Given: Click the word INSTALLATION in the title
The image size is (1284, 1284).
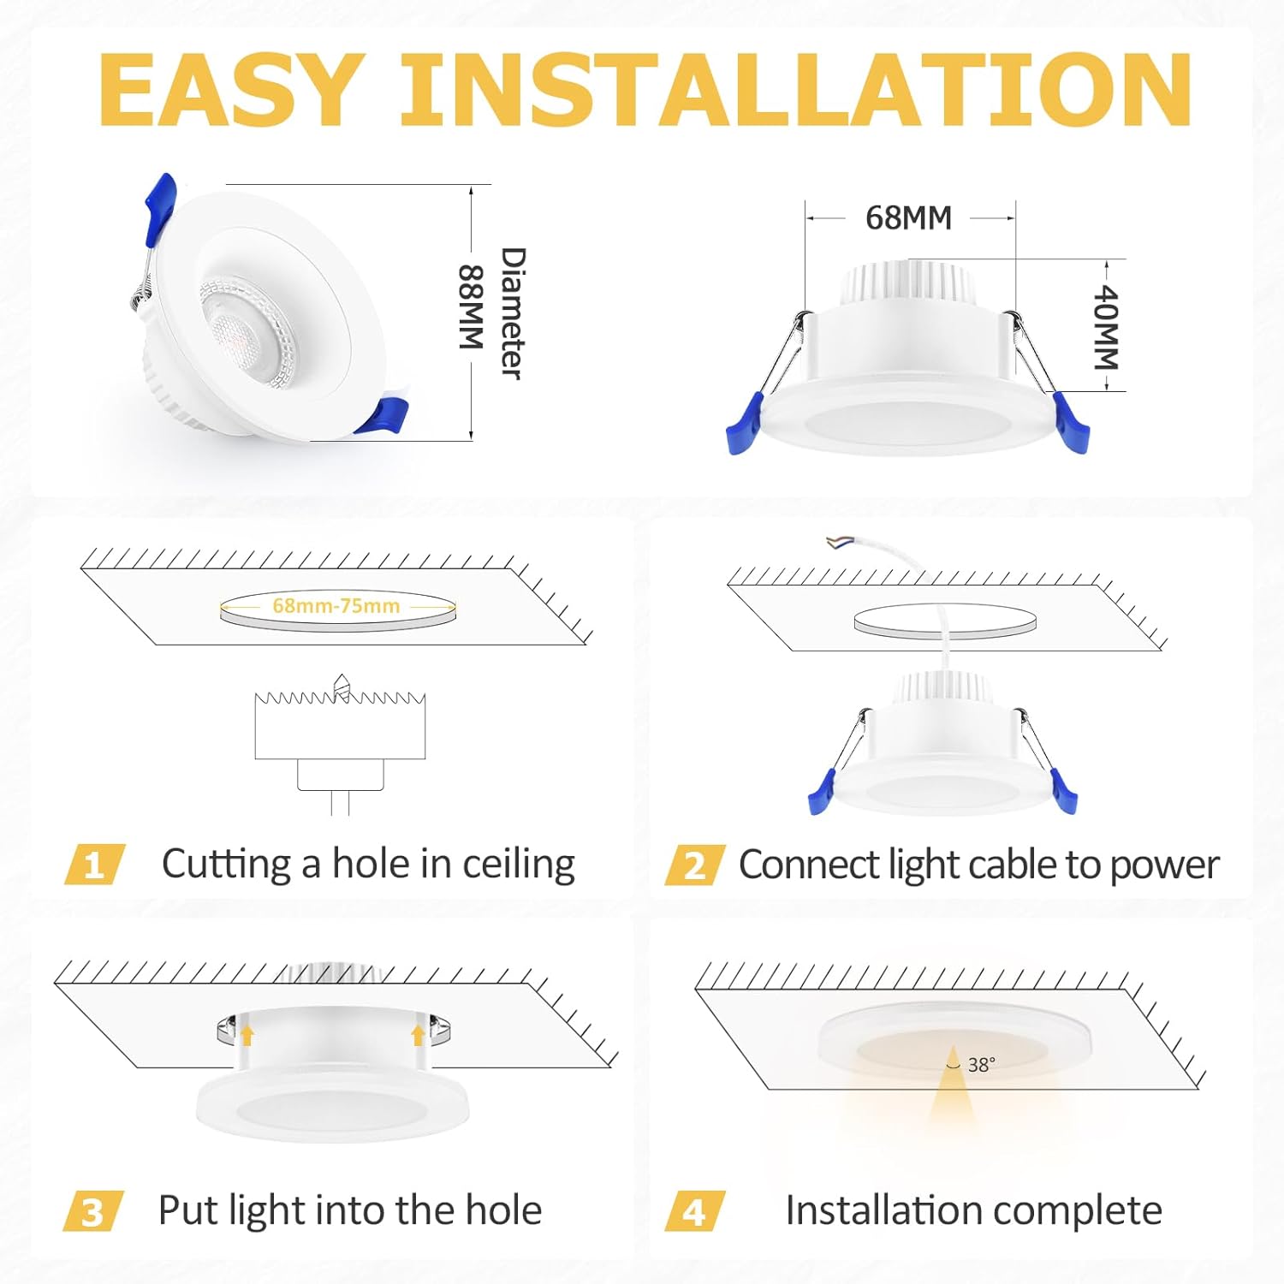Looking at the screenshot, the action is [796, 89].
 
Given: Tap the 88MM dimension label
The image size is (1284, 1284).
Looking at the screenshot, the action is [472, 306].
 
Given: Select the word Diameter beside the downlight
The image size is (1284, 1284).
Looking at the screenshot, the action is [512, 313].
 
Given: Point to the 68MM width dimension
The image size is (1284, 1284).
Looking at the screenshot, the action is [908, 218].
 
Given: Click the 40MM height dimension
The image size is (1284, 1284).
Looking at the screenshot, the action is [1106, 327].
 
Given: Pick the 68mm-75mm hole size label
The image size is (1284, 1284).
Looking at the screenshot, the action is [336, 606].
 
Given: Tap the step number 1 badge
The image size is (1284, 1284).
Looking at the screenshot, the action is [95, 865].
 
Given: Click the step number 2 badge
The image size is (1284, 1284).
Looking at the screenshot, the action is [695, 865].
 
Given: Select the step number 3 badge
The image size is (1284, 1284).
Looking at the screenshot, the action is [93, 1211].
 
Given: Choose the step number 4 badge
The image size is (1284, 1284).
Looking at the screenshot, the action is [695, 1211].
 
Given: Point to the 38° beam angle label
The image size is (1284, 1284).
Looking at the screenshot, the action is [981, 1065].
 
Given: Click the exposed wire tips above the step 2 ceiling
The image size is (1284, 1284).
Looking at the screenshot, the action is [836, 542].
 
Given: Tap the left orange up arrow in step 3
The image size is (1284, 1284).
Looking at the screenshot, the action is [247, 1035].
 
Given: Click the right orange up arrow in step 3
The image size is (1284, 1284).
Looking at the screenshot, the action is [418, 1035].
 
